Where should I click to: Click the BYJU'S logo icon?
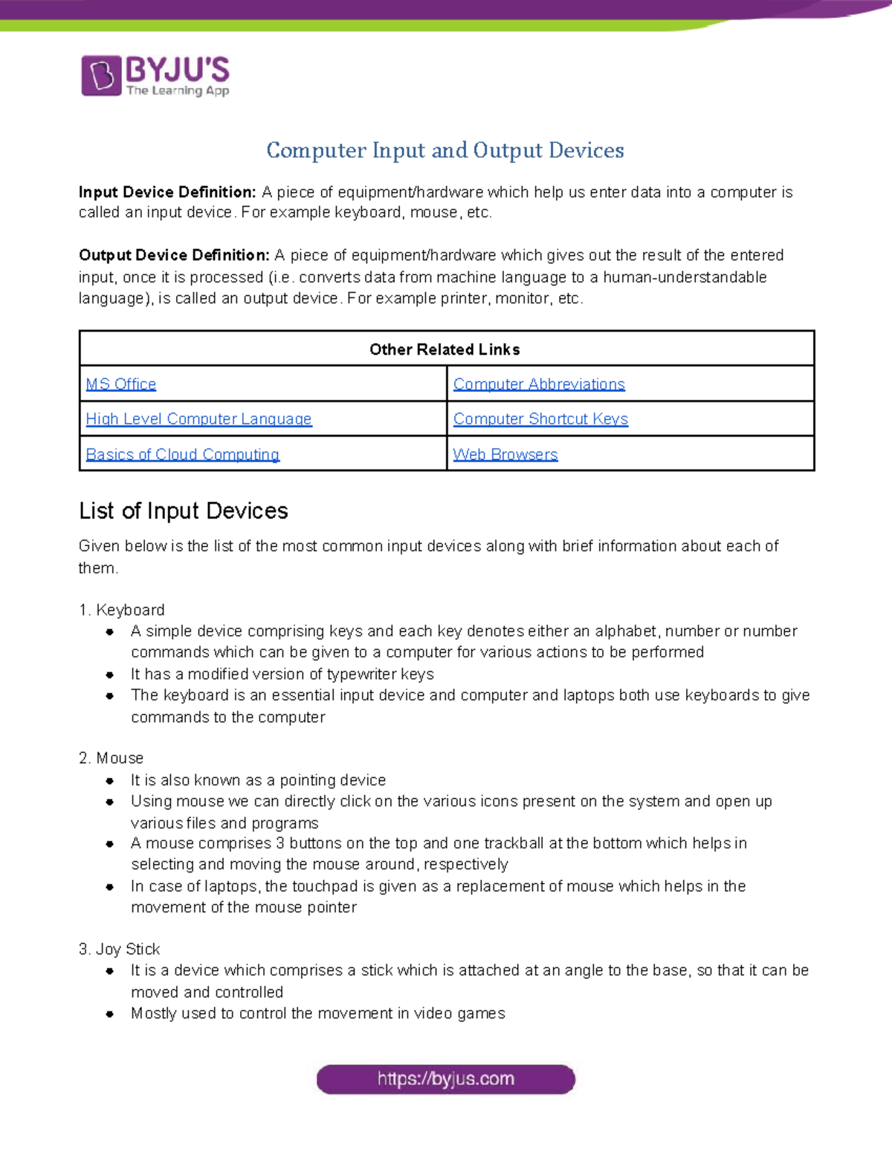click(101, 76)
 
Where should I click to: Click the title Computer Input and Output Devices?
click(445, 150)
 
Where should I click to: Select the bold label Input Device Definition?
click(167, 192)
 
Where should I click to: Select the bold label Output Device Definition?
click(174, 255)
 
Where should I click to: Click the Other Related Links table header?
click(445, 350)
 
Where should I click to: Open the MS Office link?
click(121, 384)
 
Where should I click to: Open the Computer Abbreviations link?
click(539, 384)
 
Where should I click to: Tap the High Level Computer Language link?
click(198, 419)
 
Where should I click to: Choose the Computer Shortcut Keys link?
click(540, 419)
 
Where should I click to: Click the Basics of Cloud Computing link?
click(182, 454)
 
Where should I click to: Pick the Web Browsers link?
click(505, 454)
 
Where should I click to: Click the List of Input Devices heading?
click(184, 511)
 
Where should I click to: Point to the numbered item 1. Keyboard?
click(122, 610)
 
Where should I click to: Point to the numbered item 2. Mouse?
click(111, 758)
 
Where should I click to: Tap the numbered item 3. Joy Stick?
click(120, 949)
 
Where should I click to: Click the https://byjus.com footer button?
click(446, 1079)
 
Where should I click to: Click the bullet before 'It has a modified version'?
click(110, 675)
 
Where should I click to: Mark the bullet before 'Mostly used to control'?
click(110, 1014)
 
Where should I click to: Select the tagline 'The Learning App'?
click(178, 91)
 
